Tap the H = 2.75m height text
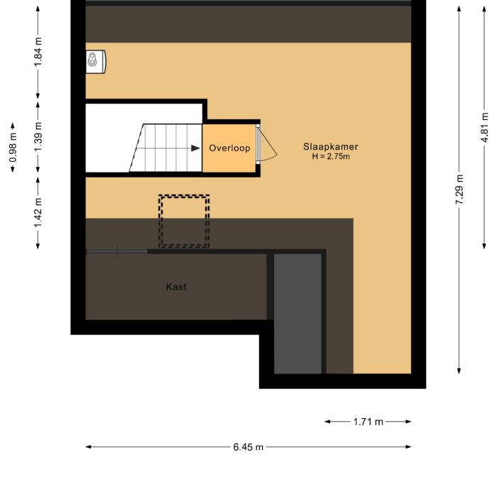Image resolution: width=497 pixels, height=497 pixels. [x=331, y=156]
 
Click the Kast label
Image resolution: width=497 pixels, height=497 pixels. [x=176, y=287]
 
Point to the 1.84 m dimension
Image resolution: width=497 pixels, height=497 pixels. [x=38, y=52]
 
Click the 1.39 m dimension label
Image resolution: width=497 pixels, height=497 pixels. [x=38, y=129]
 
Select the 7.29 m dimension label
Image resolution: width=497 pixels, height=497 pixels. [x=460, y=190]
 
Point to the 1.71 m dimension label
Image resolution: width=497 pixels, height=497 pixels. [x=368, y=422]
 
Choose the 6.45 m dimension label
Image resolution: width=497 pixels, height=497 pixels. [x=248, y=447]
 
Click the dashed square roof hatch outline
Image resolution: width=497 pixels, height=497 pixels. [x=183, y=221]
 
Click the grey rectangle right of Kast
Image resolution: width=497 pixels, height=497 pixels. [x=298, y=312]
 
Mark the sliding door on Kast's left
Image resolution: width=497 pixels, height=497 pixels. [x=117, y=251]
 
